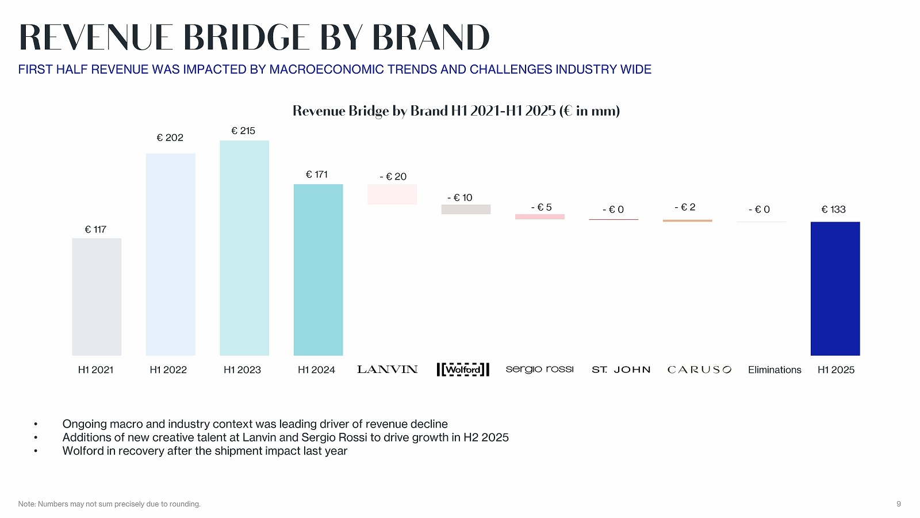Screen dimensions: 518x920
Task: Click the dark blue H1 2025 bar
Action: (835, 288)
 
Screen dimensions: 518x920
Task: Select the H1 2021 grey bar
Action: (97, 297)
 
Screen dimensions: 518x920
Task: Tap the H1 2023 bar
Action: (244, 248)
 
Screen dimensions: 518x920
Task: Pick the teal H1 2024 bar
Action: (318, 270)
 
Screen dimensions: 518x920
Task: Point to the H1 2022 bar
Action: (170, 254)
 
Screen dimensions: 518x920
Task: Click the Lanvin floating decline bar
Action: (392, 195)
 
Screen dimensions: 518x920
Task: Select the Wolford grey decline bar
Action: (466, 210)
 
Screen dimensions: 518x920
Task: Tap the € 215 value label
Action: (243, 131)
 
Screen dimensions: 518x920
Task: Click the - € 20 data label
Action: (393, 177)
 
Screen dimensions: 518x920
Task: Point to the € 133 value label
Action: (833, 210)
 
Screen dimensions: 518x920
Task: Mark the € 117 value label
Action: (95, 230)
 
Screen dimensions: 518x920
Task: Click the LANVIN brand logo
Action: (387, 370)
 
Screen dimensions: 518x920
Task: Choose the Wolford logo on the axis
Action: (463, 370)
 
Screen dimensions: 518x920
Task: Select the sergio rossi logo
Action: (539, 369)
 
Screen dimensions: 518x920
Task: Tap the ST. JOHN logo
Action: (621, 370)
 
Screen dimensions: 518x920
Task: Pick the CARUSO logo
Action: (699, 370)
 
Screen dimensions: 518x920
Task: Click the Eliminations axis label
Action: (775, 370)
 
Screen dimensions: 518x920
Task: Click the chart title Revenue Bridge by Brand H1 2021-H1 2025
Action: (456, 111)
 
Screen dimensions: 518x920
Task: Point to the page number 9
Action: (898, 504)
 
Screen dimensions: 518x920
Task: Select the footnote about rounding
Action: (109, 504)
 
